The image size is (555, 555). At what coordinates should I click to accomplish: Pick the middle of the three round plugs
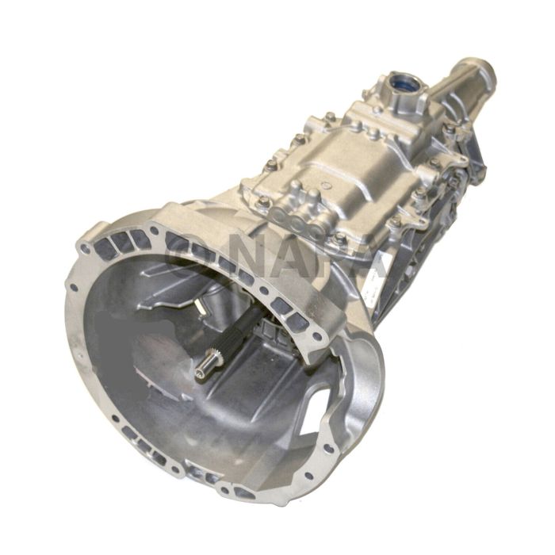coord(297,225)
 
